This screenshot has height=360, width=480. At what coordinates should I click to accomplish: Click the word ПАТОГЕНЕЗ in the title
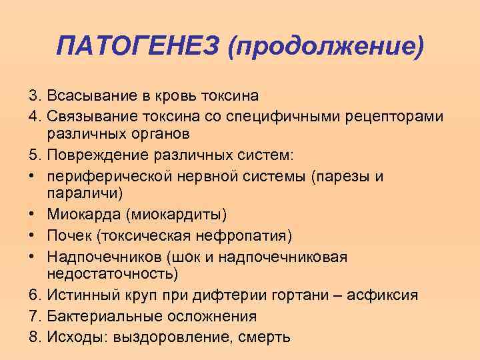[x=138, y=47]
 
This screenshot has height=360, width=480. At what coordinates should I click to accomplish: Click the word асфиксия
[x=385, y=295]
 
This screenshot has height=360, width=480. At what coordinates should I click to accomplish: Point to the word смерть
[x=264, y=337]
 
